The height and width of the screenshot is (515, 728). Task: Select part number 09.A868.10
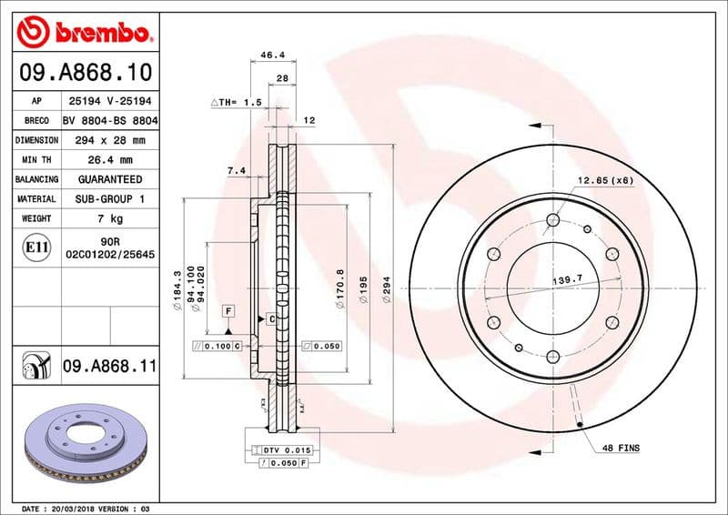[85, 71]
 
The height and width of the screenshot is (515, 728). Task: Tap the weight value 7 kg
[110, 218]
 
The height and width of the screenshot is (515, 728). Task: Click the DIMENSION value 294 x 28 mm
[110, 140]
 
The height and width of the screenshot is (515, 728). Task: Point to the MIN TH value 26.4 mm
[110, 160]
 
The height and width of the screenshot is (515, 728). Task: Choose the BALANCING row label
[36, 179]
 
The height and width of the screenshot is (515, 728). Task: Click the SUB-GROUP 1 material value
[110, 198]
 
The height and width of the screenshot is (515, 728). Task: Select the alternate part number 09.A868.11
[110, 368]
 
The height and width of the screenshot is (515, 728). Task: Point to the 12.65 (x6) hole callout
[604, 179]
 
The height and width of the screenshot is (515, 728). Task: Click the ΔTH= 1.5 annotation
[236, 103]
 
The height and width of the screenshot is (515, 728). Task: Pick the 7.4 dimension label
[236, 170]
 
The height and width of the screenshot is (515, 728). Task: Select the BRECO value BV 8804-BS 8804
[110, 121]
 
